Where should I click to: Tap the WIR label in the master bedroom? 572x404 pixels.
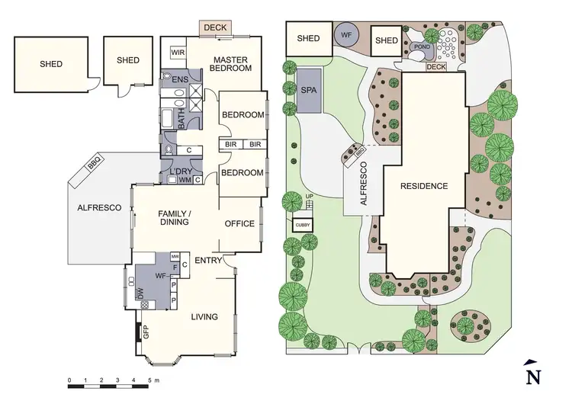point(178,53)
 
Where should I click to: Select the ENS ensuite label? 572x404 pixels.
point(180,79)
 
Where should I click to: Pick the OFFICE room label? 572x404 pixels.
point(239,223)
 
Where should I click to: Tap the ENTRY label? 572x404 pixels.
point(207,261)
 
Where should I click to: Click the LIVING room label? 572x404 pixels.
point(204,316)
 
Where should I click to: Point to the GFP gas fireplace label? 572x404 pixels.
point(145,332)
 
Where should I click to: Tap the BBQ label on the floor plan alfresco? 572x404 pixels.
point(95,162)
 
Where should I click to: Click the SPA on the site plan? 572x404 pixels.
point(310,90)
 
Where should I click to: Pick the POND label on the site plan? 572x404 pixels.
point(420,46)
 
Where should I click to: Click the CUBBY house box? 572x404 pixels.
point(303,226)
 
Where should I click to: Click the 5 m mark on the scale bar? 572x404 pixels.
point(149,380)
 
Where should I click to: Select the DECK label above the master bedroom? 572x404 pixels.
point(217,27)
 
